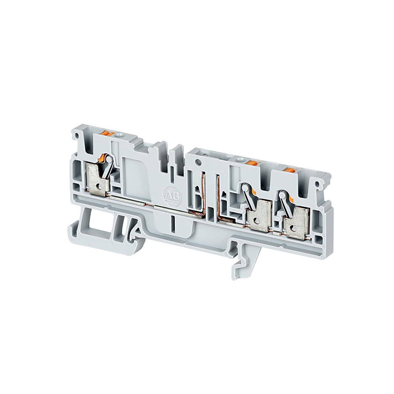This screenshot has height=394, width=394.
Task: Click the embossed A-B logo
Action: (x=173, y=194)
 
